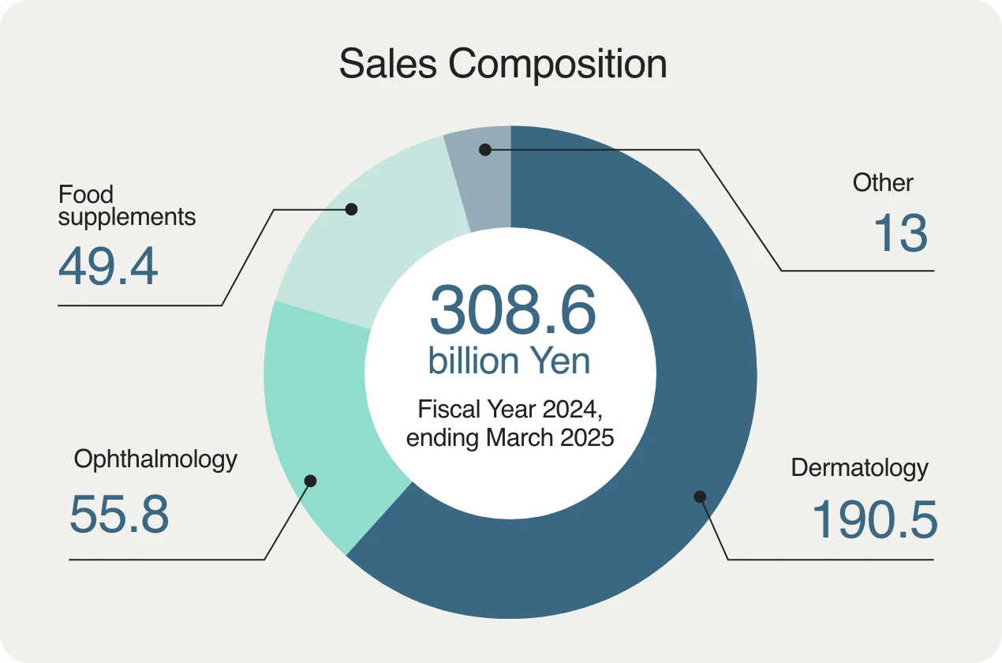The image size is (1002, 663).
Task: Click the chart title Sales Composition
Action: pos(503,64)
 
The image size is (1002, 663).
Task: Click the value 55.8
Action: pos(119,515)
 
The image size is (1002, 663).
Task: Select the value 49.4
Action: pos(108,268)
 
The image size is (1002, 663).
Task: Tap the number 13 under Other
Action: pos(900,234)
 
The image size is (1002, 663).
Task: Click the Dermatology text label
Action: pos(859,468)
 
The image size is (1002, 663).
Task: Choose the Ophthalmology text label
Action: pos(155,459)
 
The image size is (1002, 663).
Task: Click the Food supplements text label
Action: pos(126,205)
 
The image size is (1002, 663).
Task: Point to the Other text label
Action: pos(883,183)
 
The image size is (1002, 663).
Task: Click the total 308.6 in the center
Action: pos(512,310)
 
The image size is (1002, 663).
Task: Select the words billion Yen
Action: pos(509,361)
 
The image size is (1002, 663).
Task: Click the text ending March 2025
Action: pos(510,437)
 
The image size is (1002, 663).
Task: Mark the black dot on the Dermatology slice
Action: pos(700,496)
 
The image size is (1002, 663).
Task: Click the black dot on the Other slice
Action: pos(485,149)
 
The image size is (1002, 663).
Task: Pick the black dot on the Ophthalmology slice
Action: pos(310,480)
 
